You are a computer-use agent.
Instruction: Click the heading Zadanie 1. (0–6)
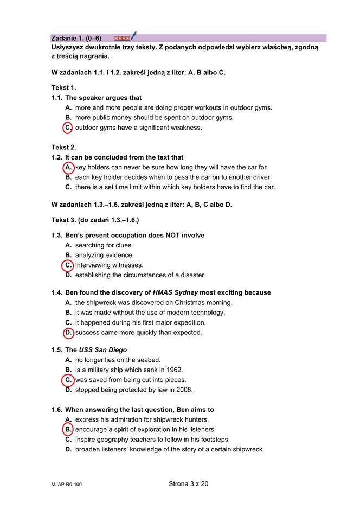pyautogui.click(x=76, y=38)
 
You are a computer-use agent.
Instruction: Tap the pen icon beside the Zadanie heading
pyautogui.click(x=133, y=36)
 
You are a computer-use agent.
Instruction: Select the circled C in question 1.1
pyautogui.click(x=68, y=128)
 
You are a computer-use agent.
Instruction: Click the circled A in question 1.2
pyautogui.click(x=68, y=168)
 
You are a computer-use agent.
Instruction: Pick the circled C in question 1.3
pyautogui.click(x=68, y=265)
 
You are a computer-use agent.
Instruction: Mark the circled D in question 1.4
pyautogui.click(x=68, y=333)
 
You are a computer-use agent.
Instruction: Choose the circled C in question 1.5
pyautogui.click(x=68, y=380)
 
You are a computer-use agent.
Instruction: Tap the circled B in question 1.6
pyautogui.click(x=68, y=430)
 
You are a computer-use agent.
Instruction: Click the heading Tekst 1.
pyautogui.click(x=64, y=87)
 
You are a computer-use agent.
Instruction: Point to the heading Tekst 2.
pyautogui.click(x=64, y=147)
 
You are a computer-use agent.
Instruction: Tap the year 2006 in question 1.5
pyautogui.click(x=184, y=390)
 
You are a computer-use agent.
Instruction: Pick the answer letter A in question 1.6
pyautogui.click(x=68, y=419)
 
